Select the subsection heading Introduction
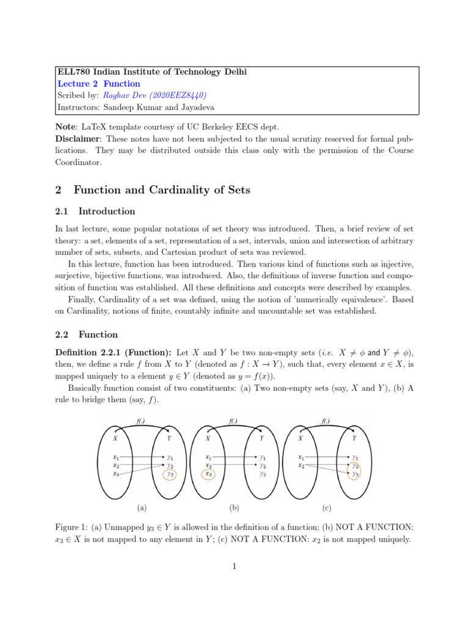[107, 212]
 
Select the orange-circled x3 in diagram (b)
[209, 474]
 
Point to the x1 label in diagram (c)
[301, 457]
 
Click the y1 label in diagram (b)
[263, 457]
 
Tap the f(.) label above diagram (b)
[234, 421]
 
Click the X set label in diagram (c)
[300, 438]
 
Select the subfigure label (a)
[142, 507]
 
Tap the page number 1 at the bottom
[234, 567]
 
